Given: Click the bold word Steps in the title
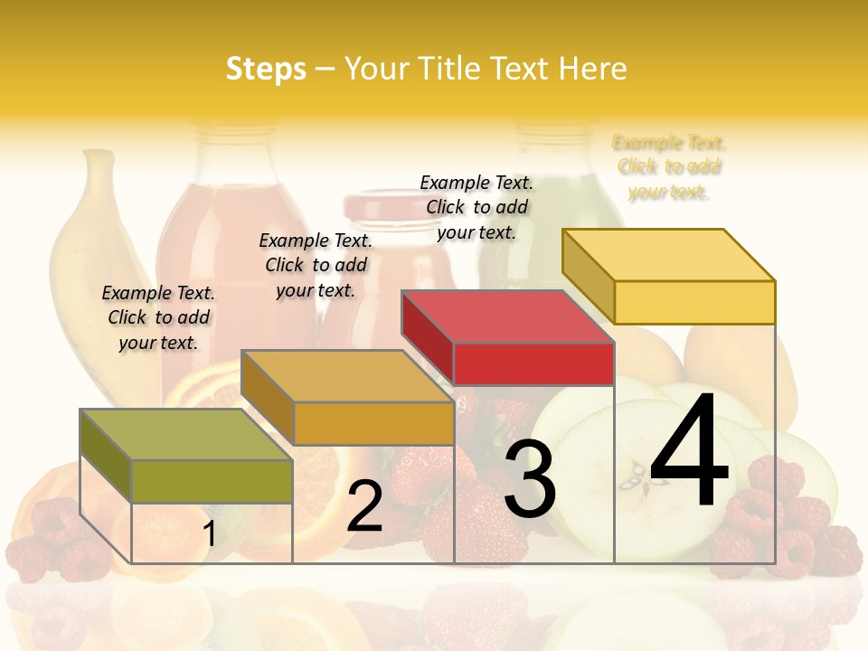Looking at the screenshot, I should coord(266,69).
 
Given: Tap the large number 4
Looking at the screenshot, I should coord(689,452).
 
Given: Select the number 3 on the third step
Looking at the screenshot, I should coord(529,479).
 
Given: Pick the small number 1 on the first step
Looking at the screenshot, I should coord(209,534).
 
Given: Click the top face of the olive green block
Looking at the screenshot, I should coord(185,435).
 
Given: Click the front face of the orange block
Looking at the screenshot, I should coord(373,423).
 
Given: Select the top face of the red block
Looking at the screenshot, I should coord(506,317).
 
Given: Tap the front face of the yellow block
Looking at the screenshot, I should coord(694,302).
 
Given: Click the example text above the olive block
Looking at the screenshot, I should coord(158,317).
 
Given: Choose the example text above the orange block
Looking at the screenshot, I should coord(316,265).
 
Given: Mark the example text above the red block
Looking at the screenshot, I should coord(476,207).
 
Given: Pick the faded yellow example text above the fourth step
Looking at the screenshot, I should coord(669,166).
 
